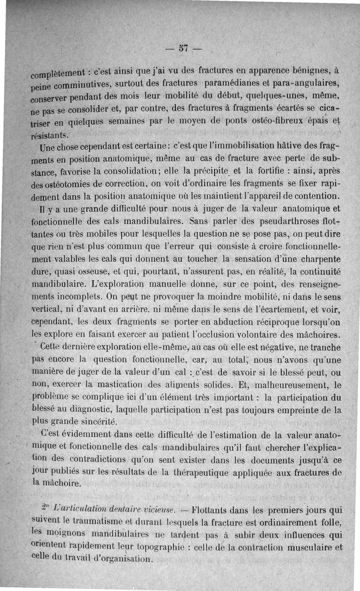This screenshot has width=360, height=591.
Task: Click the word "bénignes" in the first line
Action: [x=314, y=70]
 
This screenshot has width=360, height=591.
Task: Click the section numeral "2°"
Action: [x=44, y=510]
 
